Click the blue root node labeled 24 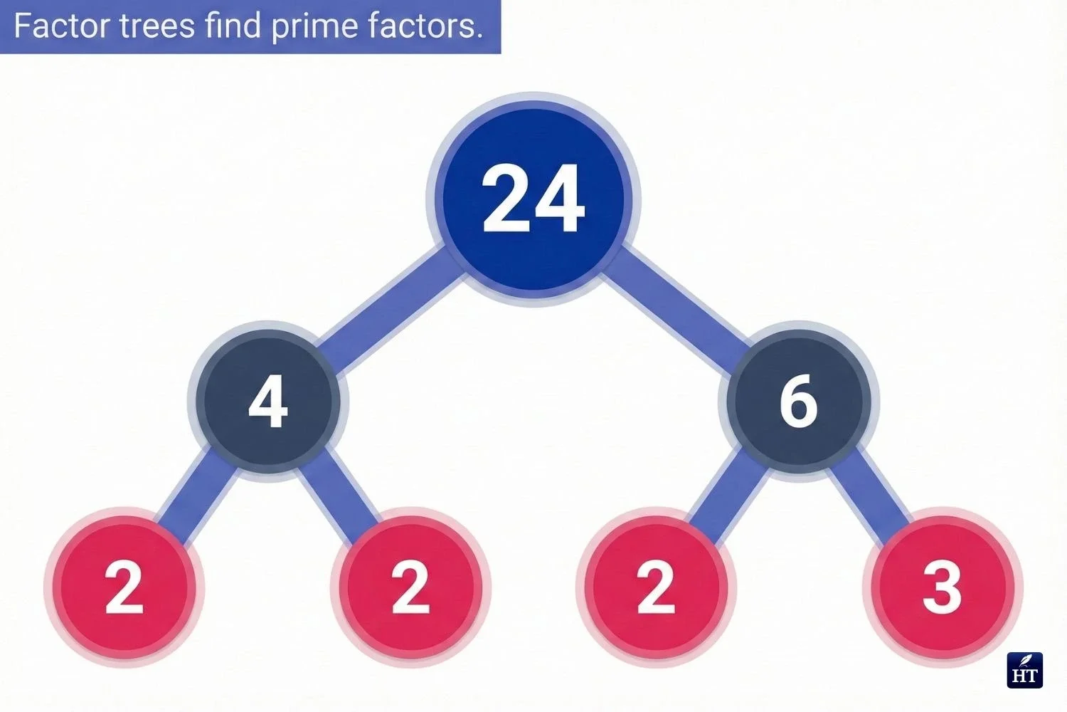[533, 199]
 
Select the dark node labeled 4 [267, 401]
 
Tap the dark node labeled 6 [799, 401]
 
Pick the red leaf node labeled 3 [942, 587]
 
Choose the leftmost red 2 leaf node [124, 587]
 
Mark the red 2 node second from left [411, 587]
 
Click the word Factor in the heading [58, 26]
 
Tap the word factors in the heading [425, 26]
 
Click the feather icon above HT [1024, 661]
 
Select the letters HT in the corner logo [1024, 676]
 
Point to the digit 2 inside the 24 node [507, 199]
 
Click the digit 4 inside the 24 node [560, 199]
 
